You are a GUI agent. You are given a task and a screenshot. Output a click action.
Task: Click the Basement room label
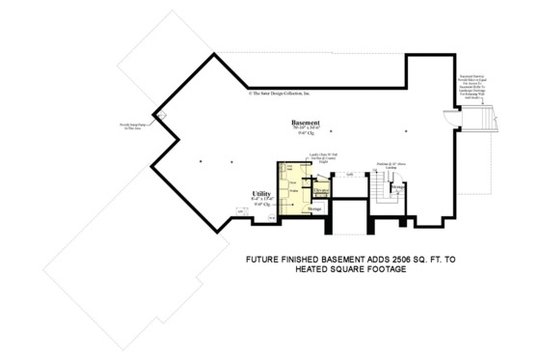click(306, 123)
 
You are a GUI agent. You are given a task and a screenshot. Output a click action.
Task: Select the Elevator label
click(321, 191)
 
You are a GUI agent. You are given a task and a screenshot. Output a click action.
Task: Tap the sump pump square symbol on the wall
click(161, 117)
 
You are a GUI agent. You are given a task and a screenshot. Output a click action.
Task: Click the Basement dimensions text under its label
click(306, 130)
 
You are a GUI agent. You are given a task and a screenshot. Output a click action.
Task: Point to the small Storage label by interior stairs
click(398, 187)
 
